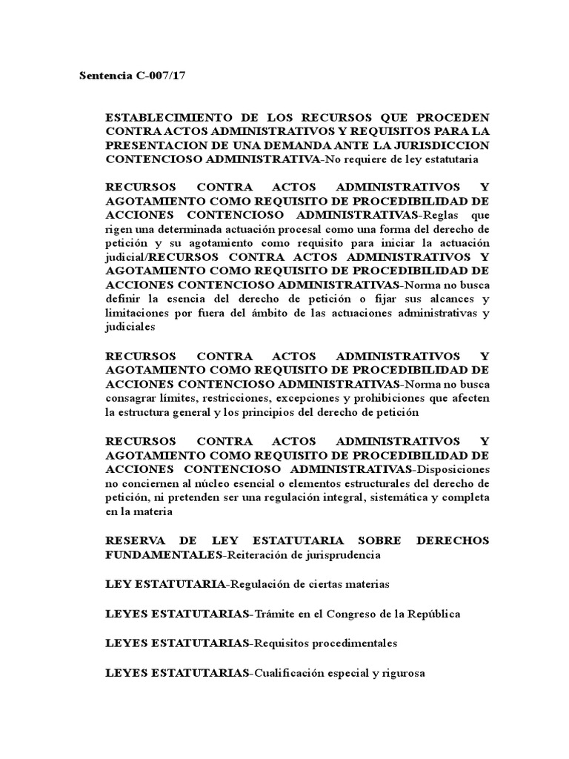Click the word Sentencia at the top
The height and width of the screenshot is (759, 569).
pos(104,77)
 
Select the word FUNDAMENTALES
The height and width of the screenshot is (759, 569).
pos(164,554)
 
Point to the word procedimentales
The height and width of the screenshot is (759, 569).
pos(356,643)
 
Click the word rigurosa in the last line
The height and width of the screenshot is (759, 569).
pos(405,672)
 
